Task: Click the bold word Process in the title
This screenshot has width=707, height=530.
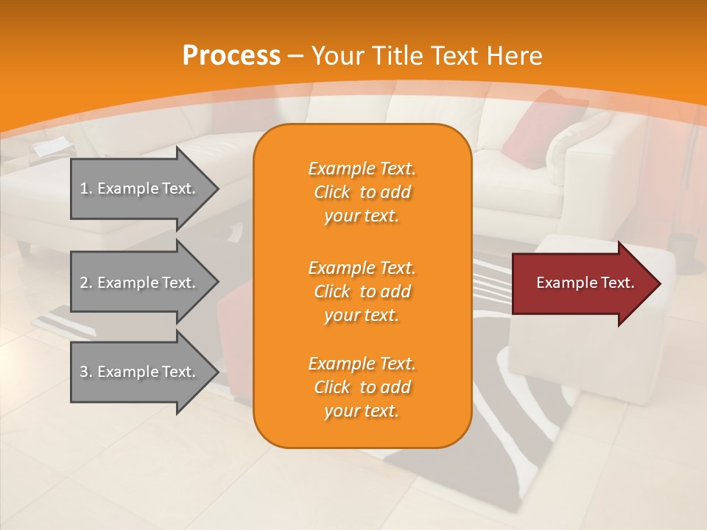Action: (231, 56)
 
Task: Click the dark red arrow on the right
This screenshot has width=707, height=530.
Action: (582, 283)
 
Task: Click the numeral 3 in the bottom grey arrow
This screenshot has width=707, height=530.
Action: (83, 372)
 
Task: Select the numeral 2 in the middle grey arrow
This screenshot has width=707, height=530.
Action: (83, 283)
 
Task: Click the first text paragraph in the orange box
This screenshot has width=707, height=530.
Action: (362, 192)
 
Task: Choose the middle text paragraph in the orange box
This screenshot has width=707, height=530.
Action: (362, 291)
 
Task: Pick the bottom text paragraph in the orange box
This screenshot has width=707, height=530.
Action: (362, 387)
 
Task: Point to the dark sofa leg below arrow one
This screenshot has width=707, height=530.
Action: (24, 248)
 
